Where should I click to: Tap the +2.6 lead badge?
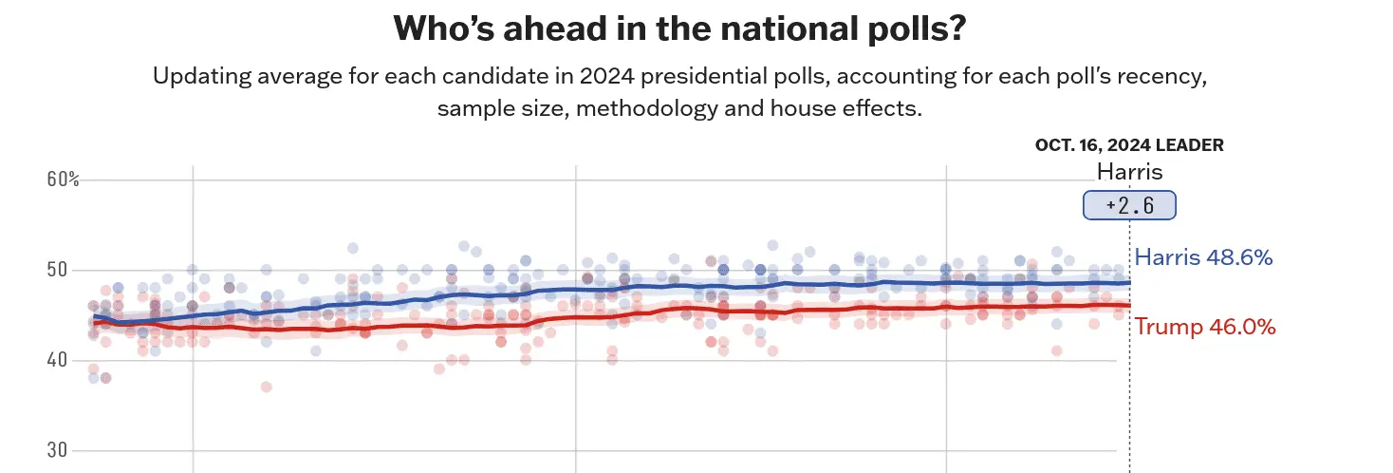[1129, 206]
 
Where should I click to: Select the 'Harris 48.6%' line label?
[1203, 257]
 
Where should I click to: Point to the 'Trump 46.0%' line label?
[1205, 327]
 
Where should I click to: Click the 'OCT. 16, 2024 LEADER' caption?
[1128, 145]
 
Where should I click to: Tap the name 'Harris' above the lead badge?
[1129, 172]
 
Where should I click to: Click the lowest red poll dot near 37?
[267, 387]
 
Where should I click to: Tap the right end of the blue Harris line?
[1128, 282]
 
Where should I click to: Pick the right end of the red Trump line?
[1128, 306]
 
